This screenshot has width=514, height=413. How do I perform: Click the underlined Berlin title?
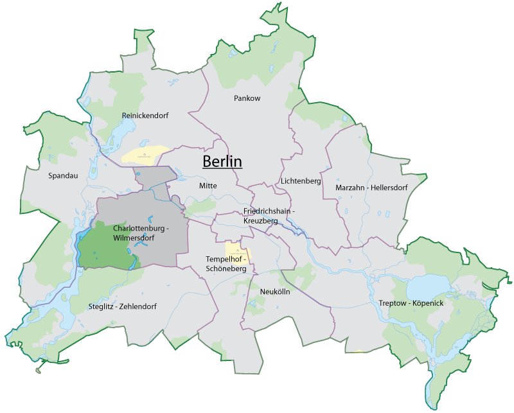(222, 161)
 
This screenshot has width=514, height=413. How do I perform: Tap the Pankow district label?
(247, 98)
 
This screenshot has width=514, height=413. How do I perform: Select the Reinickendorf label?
(145, 116)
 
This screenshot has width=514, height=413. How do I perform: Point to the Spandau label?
(62, 175)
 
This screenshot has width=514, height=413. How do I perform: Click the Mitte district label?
(208, 186)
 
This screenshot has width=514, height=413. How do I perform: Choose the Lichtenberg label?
(301, 181)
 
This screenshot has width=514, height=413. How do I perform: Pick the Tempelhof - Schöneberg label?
(226, 264)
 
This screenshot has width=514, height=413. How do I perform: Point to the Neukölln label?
(276, 292)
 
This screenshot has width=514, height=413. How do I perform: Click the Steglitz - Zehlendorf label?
(123, 306)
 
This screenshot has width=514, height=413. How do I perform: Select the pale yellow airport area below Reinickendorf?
(146, 154)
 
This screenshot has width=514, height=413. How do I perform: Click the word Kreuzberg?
(261, 220)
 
